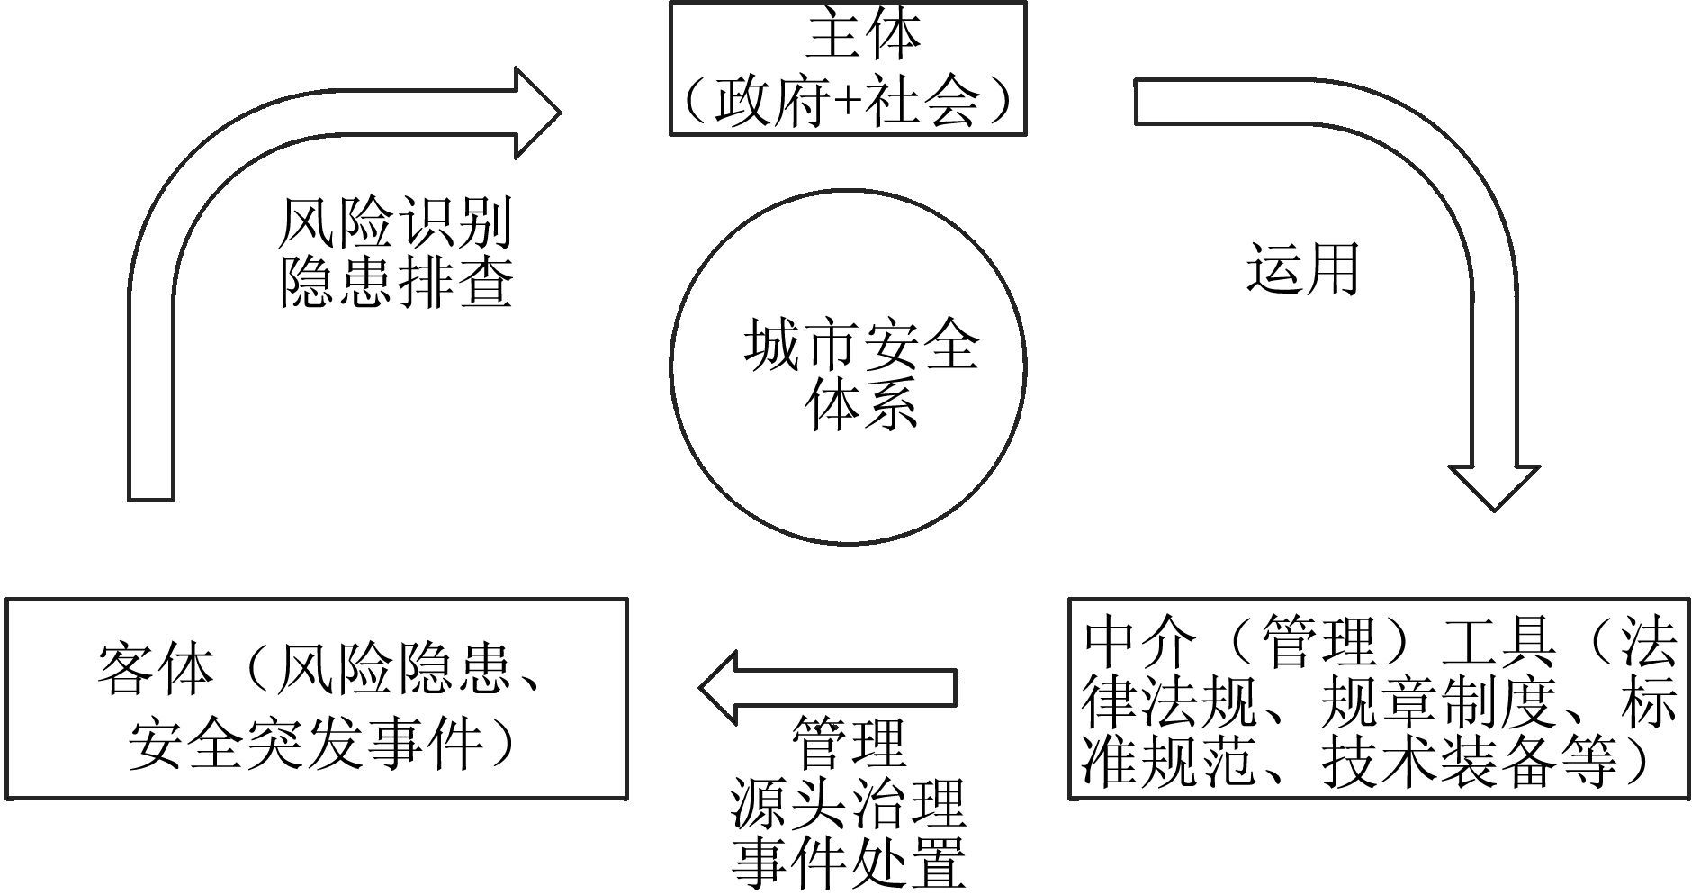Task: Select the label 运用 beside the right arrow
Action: tap(1302, 268)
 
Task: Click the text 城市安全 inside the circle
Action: tap(861, 347)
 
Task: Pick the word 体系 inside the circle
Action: tap(861, 404)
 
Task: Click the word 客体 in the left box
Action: tap(155, 670)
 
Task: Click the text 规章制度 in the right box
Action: tap(1436, 702)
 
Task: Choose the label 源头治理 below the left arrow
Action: tap(847, 804)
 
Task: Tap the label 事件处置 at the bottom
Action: tap(847, 862)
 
